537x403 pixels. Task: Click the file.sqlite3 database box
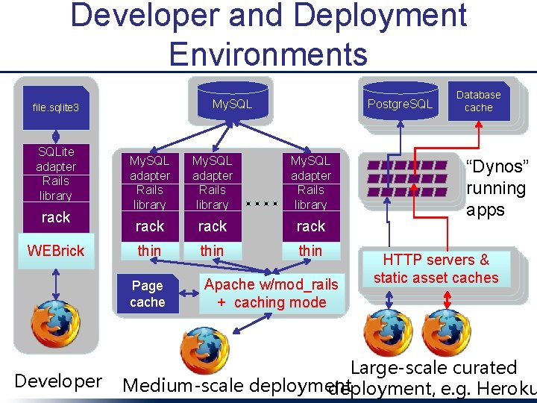(56, 107)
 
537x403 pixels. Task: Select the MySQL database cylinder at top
(231, 104)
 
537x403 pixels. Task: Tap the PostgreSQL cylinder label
(399, 104)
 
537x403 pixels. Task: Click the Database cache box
(478, 101)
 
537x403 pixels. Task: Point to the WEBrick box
(56, 251)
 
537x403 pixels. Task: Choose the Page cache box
(147, 293)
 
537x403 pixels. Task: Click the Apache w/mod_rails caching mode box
(271, 293)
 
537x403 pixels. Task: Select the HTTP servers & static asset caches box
(436, 269)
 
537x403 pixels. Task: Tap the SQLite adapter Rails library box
(56, 173)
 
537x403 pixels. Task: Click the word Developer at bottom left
(58, 381)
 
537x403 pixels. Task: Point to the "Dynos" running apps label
(496, 188)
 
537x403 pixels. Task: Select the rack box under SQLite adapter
(56, 217)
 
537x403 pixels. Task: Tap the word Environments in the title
(268, 54)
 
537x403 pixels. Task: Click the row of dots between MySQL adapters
(261, 202)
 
